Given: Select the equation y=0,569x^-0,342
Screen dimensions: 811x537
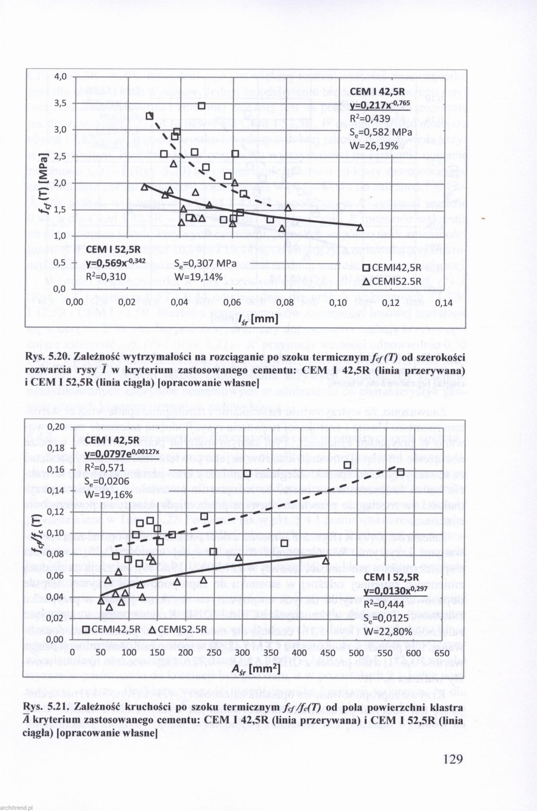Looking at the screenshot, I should tap(116, 263).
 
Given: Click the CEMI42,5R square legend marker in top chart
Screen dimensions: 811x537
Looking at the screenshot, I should tap(367, 268).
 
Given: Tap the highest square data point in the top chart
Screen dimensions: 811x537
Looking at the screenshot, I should tap(201, 105).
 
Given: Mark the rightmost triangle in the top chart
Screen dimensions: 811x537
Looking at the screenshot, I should tap(361, 227).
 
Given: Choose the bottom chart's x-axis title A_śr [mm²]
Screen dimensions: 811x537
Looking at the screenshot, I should tap(256, 669).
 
